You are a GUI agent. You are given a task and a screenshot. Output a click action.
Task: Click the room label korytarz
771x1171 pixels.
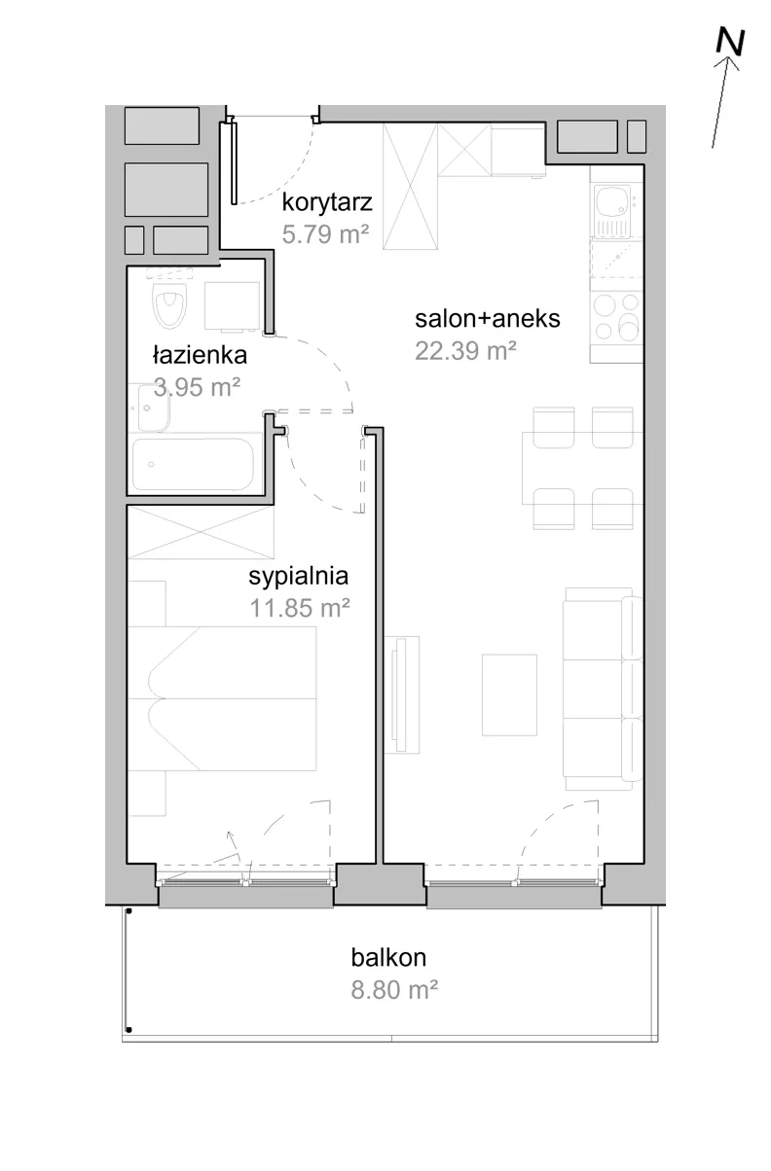point(327,202)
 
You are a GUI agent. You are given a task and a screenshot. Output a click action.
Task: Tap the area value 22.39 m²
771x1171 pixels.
point(466,350)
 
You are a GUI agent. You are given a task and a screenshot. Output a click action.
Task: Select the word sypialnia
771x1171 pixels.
point(298,577)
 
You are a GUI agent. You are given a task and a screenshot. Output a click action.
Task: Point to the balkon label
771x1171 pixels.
point(388,958)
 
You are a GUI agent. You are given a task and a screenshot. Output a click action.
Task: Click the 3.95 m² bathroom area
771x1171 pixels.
point(197,387)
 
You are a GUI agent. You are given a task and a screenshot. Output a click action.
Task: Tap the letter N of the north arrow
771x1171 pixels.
point(730,42)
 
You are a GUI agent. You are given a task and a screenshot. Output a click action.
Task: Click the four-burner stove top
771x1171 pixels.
point(616,317)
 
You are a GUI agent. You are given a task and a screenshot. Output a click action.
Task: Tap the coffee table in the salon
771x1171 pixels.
point(509,694)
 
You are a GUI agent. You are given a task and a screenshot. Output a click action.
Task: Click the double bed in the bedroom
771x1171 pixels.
point(222,698)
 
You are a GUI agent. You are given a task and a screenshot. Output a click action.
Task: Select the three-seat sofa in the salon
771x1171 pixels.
point(603,689)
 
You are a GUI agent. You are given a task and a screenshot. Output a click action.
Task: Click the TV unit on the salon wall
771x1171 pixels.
point(402,694)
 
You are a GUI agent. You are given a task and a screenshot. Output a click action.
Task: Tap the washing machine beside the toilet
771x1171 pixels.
point(232,306)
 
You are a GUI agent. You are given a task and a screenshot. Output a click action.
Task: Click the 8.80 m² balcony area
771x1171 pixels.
point(394,990)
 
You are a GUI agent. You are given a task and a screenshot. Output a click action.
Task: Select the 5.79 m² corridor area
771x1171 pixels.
point(325,234)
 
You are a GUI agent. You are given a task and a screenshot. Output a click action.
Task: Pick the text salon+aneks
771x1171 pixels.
point(488,319)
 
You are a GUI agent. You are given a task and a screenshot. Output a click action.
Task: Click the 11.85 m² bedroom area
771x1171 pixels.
point(300,608)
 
